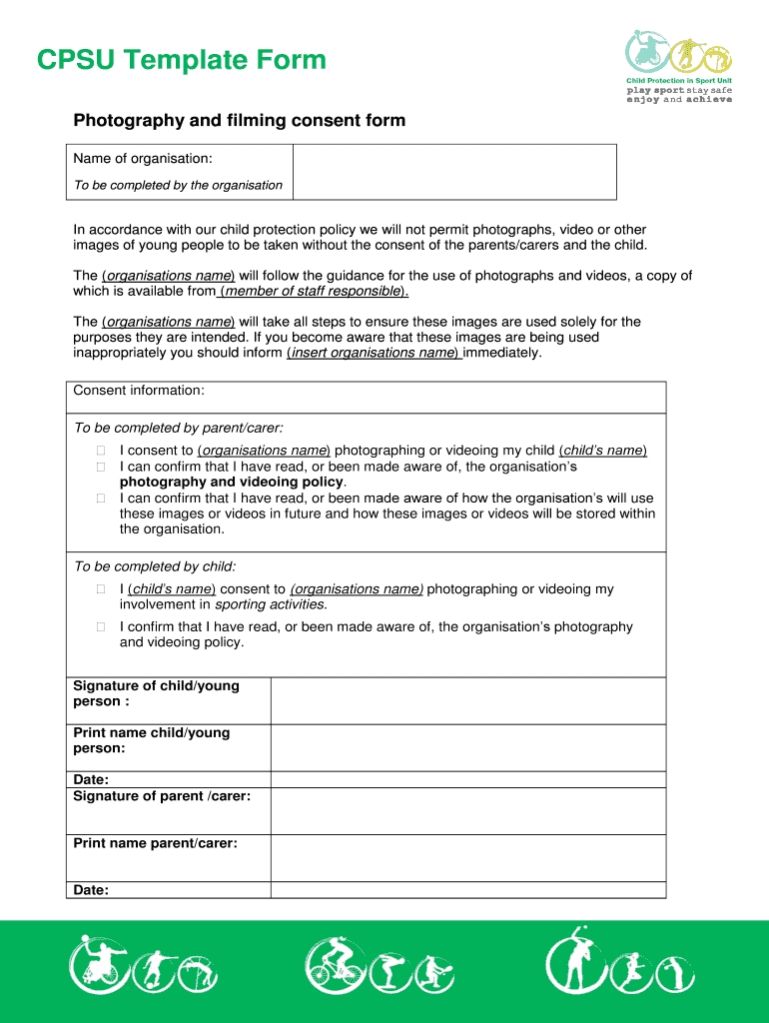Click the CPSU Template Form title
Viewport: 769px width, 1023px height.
pos(181,61)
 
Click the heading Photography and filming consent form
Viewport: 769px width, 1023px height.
pos(239,121)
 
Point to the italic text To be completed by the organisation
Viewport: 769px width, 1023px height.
pos(178,185)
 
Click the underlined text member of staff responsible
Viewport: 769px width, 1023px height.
pos(313,292)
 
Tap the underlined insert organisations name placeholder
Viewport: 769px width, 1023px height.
pos(373,353)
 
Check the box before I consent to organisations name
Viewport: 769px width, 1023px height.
pos(101,451)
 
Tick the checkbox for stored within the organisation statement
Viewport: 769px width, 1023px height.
pos(101,499)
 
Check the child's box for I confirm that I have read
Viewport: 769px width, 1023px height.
pos(101,627)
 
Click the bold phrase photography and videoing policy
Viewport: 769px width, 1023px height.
pos(231,482)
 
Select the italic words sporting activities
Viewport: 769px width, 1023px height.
pos(271,604)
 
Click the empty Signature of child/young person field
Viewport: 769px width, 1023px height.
pos(467,700)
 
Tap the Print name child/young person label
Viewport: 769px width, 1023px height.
pos(151,740)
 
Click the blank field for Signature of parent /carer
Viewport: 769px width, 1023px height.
pos(467,810)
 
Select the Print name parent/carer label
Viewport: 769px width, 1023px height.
pos(155,843)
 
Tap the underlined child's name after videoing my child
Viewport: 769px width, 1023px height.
pos(602,451)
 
